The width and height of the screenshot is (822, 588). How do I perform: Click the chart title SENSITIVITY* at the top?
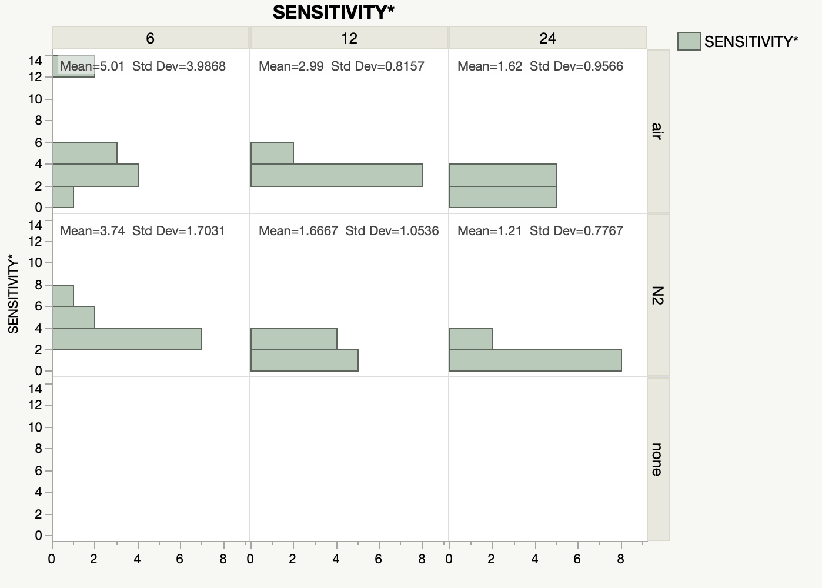tap(333, 12)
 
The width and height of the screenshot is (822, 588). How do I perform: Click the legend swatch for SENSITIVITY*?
tap(689, 41)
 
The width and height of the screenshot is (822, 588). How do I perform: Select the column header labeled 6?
tap(151, 38)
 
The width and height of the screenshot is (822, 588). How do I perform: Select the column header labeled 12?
tap(349, 38)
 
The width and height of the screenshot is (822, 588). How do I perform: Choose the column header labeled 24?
tap(547, 38)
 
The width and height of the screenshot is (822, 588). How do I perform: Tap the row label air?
tap(658, 131)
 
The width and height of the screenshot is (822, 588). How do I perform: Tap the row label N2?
tap(658, 295)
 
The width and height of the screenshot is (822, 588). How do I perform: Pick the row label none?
tap(658, 459)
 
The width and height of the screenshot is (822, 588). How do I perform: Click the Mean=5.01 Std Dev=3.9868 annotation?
tap(143, 66)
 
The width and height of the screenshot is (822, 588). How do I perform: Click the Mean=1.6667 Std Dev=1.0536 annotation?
tap(349, 231)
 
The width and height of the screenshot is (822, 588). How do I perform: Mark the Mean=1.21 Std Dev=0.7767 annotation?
tap(540, 231)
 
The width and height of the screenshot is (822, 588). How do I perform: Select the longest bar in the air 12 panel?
tap(337, 175)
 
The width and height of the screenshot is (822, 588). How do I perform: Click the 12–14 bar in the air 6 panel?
tap(73, 66)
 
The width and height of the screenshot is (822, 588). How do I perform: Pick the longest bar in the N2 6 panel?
tap(127, 339)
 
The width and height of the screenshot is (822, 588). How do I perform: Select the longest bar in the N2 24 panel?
tap(536, 360)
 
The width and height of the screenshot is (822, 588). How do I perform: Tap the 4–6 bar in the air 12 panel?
tap(272, 153)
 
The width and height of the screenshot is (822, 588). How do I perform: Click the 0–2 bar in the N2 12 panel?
tap(305, 360)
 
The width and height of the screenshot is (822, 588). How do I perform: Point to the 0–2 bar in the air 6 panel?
tap(63, 197)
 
